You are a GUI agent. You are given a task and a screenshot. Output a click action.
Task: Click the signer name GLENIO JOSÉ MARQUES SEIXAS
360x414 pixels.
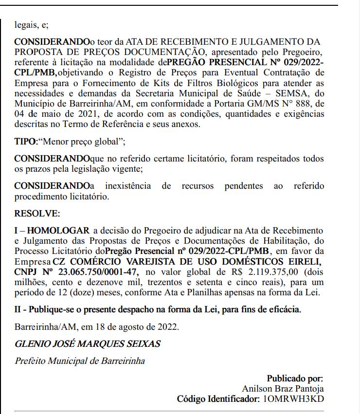(88, 344)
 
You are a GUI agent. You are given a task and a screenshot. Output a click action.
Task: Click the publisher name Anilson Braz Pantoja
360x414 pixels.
(282, 389)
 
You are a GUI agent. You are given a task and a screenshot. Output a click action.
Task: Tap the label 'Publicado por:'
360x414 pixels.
(295, 378)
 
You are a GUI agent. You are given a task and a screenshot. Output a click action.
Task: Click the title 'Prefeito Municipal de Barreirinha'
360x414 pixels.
(80, 361)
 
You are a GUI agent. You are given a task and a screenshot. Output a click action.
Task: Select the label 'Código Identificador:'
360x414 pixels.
(219, 399)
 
